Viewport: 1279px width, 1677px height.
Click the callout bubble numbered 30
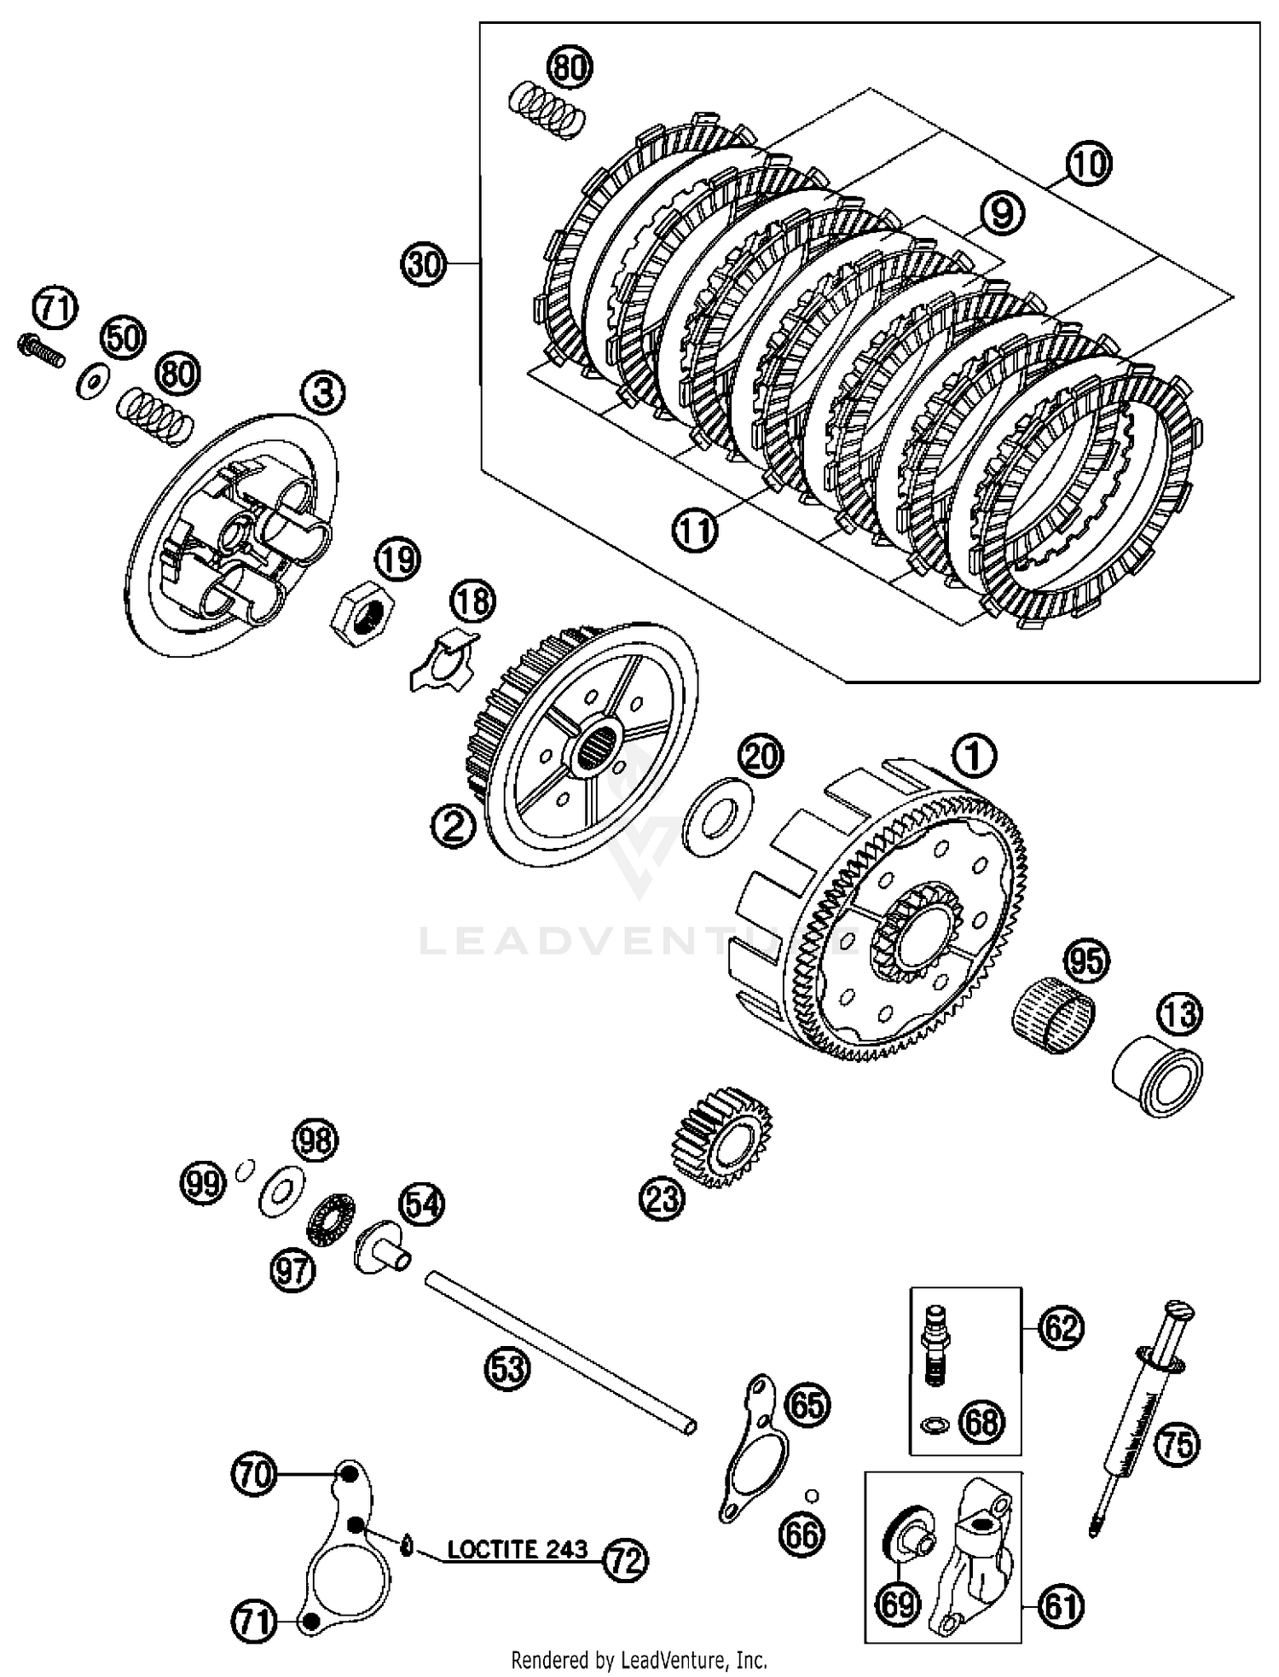coord(424,264)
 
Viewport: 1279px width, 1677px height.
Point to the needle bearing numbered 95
coord(1053,1008)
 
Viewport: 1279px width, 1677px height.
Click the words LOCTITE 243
coord(518,1549)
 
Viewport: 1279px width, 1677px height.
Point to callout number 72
coord(625,1560)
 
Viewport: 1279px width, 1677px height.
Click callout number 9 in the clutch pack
coord(1001,212)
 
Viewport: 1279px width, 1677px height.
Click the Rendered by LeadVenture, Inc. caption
coord(639,1660)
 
